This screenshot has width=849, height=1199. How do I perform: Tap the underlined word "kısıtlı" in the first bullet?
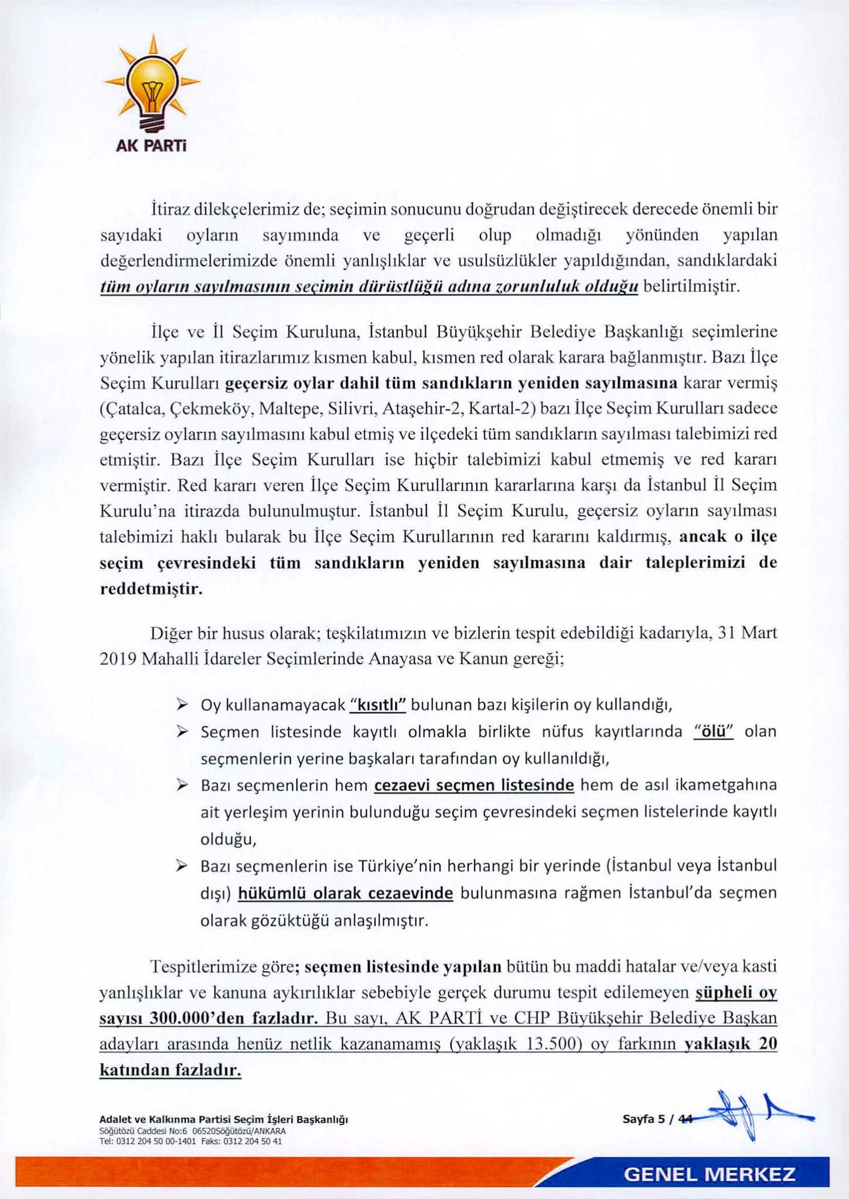(377, 705)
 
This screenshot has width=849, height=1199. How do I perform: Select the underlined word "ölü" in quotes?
(713, 732)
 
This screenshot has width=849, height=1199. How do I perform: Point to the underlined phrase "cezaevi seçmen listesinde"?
(474, 785)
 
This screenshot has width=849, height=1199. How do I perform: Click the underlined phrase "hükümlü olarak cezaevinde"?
(346, 893)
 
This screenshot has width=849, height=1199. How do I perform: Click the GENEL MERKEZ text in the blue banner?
(710, 1174)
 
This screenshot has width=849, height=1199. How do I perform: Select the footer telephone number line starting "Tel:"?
(191, 1141)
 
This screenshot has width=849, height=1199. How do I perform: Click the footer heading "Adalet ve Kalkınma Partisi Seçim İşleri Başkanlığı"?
(224, 1119)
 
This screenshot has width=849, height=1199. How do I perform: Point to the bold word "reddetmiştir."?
(151, 589)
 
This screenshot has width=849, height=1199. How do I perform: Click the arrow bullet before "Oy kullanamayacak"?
(182, 704)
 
